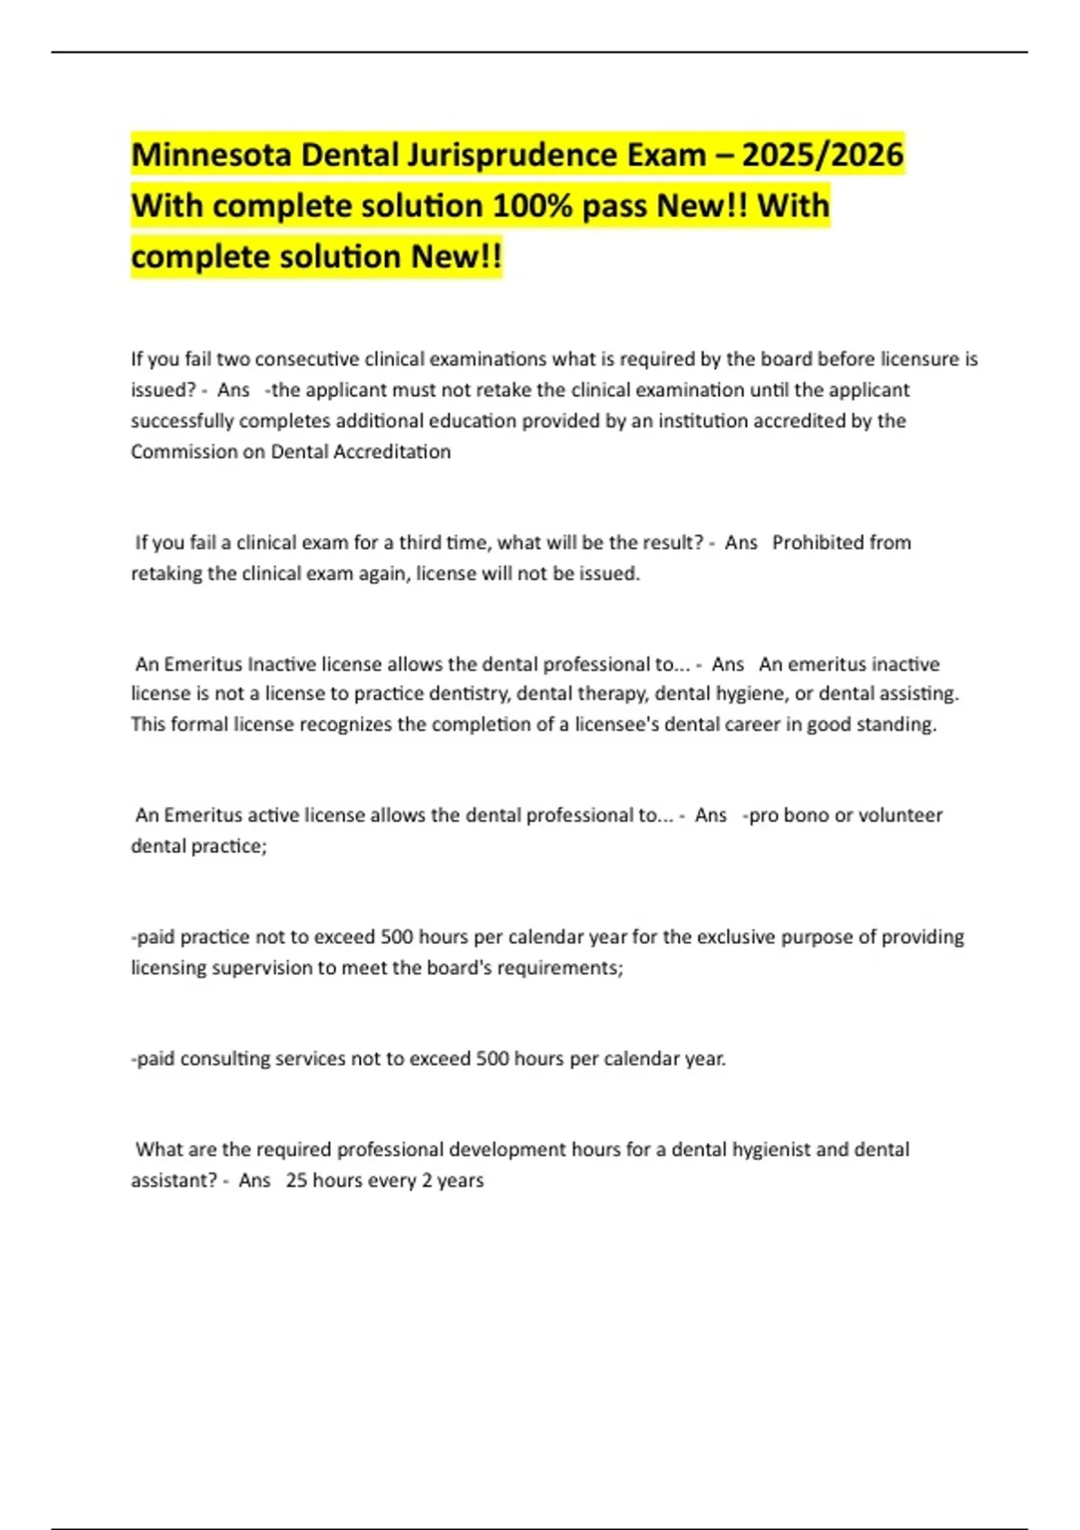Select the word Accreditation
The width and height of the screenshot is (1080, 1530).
coord(391,452)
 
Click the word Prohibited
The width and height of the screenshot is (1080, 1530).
coord(817,543)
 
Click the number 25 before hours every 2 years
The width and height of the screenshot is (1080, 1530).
coord(296,1181)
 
